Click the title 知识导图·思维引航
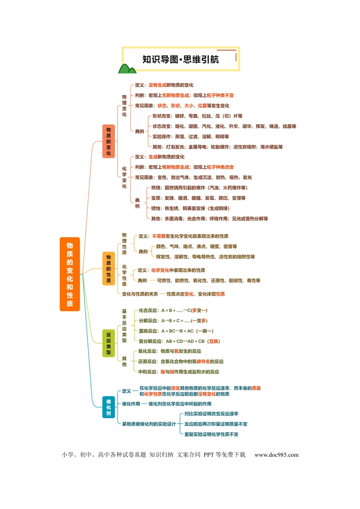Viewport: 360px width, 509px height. pos(181,59)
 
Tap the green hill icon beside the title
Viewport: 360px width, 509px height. pos(127,69)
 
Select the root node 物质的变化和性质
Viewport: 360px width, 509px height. pos(70,274)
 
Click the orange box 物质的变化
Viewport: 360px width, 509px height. pos(108,141)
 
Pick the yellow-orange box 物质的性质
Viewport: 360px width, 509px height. pos(108,269)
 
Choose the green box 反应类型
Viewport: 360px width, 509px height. pos(108,343)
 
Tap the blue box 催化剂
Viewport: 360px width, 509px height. pos(108,407)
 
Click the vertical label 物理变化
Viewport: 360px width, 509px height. pos(124,106)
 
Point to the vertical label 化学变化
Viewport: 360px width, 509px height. pos(124,177)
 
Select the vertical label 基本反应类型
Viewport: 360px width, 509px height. pos(124,326)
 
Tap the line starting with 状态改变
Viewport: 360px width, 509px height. pos(224,126)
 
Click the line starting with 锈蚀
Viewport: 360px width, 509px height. pos(190,208)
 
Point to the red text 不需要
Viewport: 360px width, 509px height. pos(159,236)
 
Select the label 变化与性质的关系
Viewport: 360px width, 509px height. pos(140,294)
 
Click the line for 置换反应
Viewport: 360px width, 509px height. pos(176,331)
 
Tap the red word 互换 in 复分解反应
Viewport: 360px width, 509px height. pos(214,341)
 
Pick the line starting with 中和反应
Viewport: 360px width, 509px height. pos(178,372)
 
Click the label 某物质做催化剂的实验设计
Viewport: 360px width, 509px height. pos(149,424)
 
